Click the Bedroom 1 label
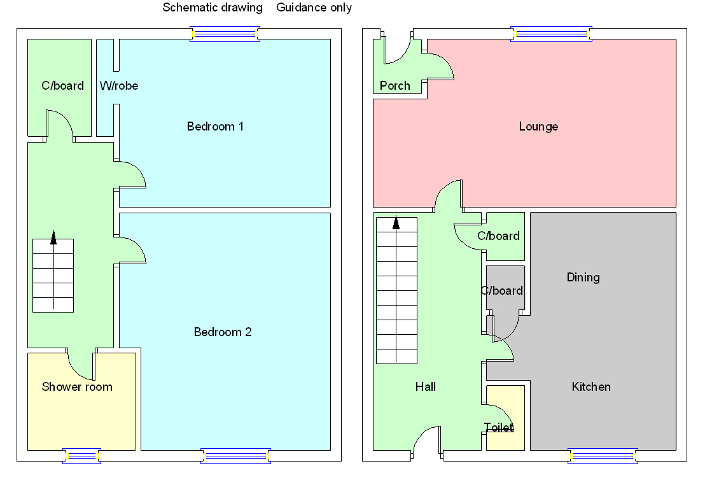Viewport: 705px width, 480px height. click(x=215, y=126)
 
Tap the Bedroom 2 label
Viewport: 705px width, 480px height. click(x=223, y=332)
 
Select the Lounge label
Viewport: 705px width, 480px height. click(x=538, y=126)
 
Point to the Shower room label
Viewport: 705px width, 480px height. click(x=77, y=386)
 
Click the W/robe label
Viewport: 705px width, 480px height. click(x=119, y=85)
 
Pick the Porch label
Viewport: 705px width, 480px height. click(x=394, y=85)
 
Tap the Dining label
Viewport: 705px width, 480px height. click(x=583, y=277)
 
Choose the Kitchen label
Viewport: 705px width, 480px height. click(x=591, y=386)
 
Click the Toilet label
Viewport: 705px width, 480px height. click(x=498, y=427)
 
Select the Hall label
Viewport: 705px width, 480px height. click(x=425, y=386)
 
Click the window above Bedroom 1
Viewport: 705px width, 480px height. click(x=225, y=34)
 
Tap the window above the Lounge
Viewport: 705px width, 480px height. click(x=552, y=34)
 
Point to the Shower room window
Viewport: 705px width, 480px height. click(x=81, y=455)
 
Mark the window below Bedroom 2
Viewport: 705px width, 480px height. click(x=235, y=455)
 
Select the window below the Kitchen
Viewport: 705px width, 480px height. click(x=603, y=455)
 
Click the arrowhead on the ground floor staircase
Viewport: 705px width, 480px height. click(x=396, y=223)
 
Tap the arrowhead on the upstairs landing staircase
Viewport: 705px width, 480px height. click(x=53, y=237)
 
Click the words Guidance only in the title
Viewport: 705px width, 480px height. click(x=314, y=8)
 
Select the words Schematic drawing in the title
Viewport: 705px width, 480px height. click(x=213, y=8)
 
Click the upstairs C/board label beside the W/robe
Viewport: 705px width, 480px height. click(x=62, y=85)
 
